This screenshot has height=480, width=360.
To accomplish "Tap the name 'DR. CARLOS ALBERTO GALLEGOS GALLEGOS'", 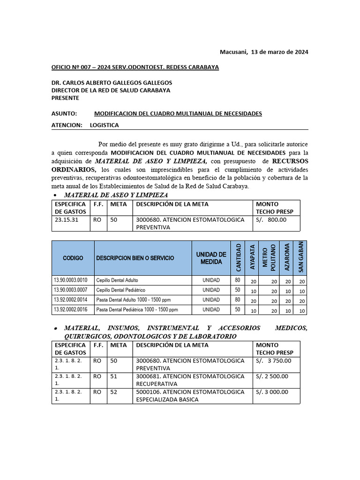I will (112, 82).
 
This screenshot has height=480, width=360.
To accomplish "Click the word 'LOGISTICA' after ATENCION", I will (104, 125).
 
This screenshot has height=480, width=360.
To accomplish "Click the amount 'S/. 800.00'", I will (271, 219).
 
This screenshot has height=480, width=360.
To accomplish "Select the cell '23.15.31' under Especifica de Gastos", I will (67, 219).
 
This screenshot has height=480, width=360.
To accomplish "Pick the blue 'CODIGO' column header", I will (73, 258).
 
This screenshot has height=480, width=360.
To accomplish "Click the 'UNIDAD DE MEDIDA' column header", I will (211, 258).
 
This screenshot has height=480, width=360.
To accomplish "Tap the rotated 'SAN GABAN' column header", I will (301, 258).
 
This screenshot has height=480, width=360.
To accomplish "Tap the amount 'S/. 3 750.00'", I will (273, 360).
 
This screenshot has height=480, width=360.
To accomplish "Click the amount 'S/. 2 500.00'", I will (272, 376).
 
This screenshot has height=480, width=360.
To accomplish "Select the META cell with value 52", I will (114, 392).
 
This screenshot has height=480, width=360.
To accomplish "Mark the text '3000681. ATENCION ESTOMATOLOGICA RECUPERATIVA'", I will (190, 380).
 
